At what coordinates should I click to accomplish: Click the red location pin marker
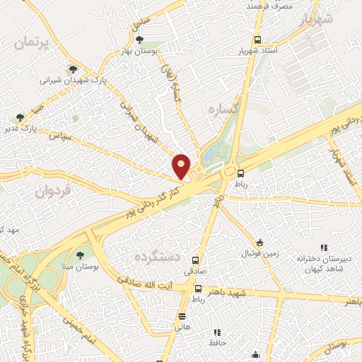[182, 166]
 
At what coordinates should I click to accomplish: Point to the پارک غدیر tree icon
[20, 118]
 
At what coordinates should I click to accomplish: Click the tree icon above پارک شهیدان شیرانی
[73, 69]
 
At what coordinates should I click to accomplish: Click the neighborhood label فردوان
[53, 190]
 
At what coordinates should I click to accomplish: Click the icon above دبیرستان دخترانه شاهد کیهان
[323, 247]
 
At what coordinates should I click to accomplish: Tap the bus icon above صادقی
[195, 259]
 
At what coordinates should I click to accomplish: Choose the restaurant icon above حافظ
[217, 332]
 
